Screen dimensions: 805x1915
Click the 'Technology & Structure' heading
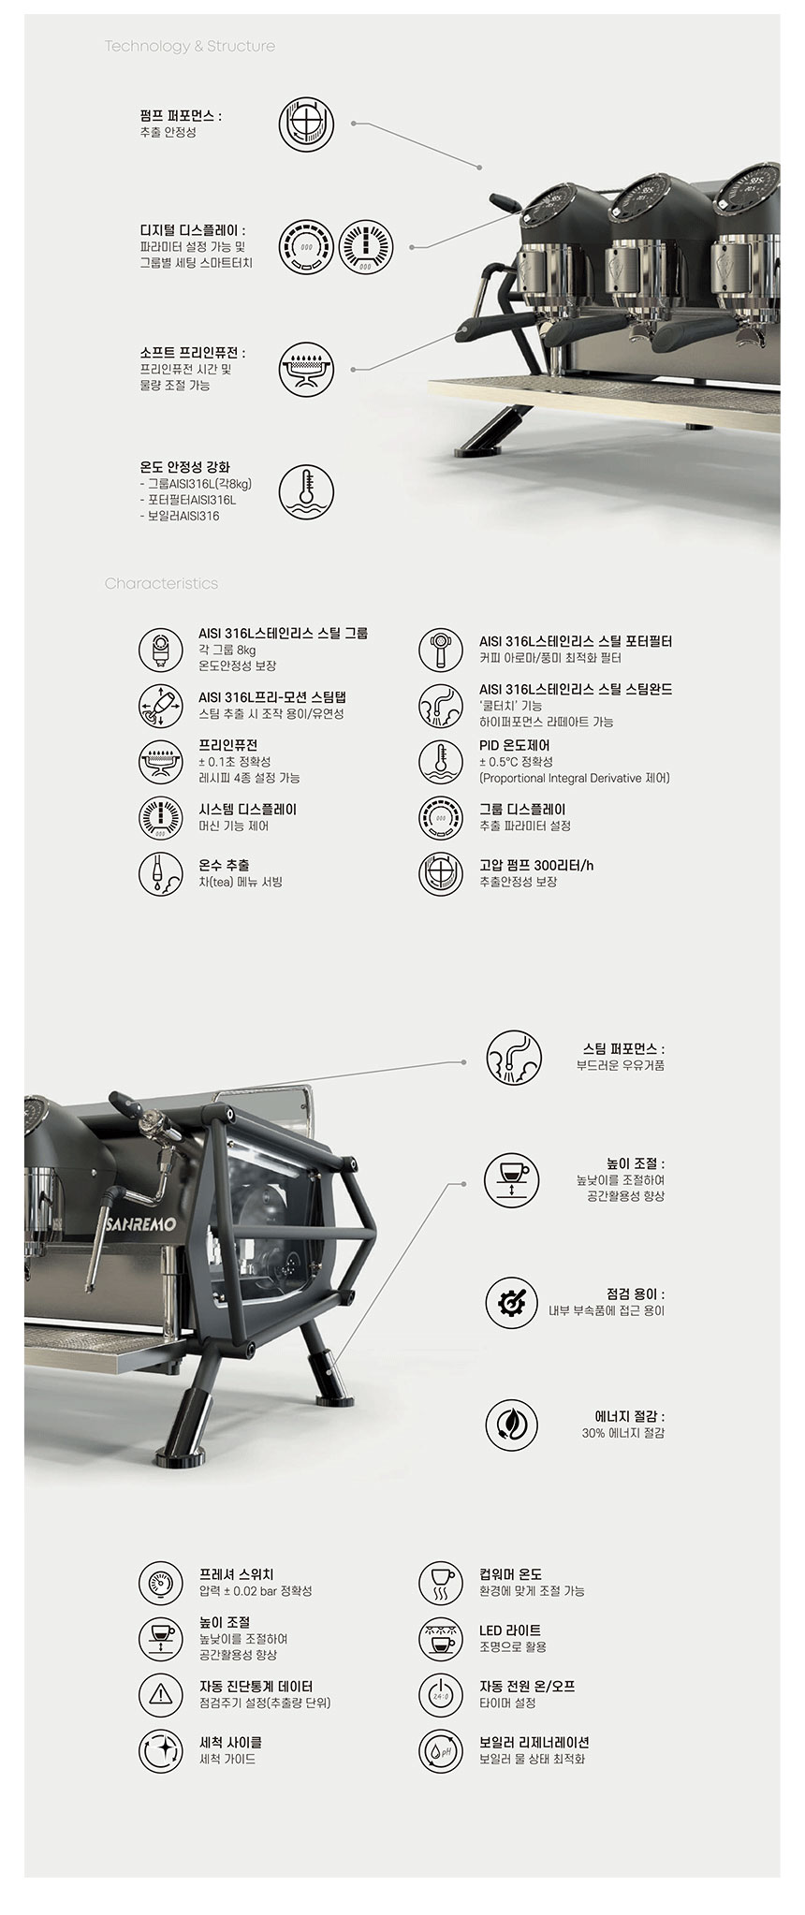coord(190,46)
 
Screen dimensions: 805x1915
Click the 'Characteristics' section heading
coord(161,583)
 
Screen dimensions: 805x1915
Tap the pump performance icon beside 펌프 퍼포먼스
coord(306,124)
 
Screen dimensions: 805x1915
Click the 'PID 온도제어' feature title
coord(515,746)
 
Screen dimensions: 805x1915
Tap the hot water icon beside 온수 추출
coord(161,873)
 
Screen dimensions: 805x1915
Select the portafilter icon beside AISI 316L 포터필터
coord(441,650)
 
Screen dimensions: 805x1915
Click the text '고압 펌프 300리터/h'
coord(536,865)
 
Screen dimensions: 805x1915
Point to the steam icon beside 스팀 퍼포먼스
coord(513,1058)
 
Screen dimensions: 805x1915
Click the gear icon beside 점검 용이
coord(512,1302)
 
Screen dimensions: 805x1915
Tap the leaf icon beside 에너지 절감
coord(512,1425)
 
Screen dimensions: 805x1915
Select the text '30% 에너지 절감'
coord(622,1433)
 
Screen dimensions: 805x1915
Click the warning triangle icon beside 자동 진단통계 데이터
coord(161,1693)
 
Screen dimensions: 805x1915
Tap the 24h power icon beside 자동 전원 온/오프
coord(441,1693)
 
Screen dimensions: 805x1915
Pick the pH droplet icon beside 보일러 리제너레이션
coord(441,1749)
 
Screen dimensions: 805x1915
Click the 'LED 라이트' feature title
coord(510,1630)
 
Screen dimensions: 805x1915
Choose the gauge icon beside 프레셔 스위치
coord(161,1582)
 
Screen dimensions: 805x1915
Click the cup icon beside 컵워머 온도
coord(441,1582)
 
